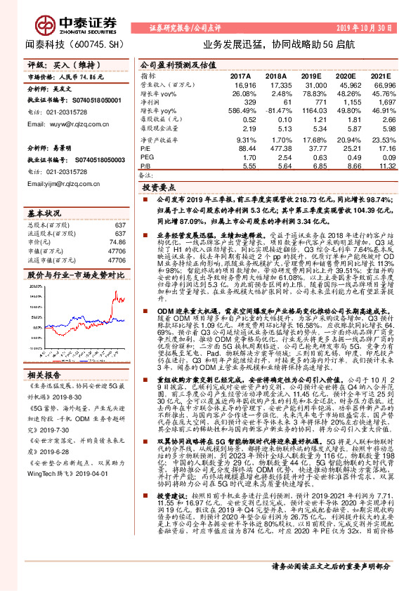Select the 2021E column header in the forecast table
click(381, 75)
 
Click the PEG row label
click(146, 158)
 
